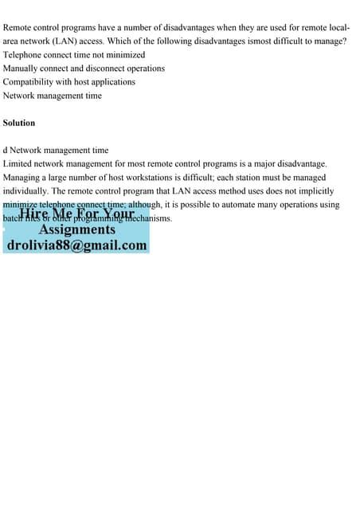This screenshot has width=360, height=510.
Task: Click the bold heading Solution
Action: click(x=19, y=123)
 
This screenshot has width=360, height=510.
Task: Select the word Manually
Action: click(x=23, y=68)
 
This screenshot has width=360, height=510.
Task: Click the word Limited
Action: click(x=18, y=163)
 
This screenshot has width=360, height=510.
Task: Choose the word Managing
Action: click(x=23, y=177)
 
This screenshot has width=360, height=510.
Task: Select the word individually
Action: click(x=26, y=190)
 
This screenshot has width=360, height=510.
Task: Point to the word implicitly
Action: click(x=315, y=190)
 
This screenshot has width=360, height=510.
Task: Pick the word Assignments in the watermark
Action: click(x=77, y=229)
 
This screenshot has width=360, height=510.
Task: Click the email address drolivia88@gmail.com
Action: click(x=76, y=245)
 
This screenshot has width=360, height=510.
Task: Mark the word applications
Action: click(x=111, y=81)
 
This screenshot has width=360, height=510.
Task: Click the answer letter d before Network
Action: click(x=6, y=150)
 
